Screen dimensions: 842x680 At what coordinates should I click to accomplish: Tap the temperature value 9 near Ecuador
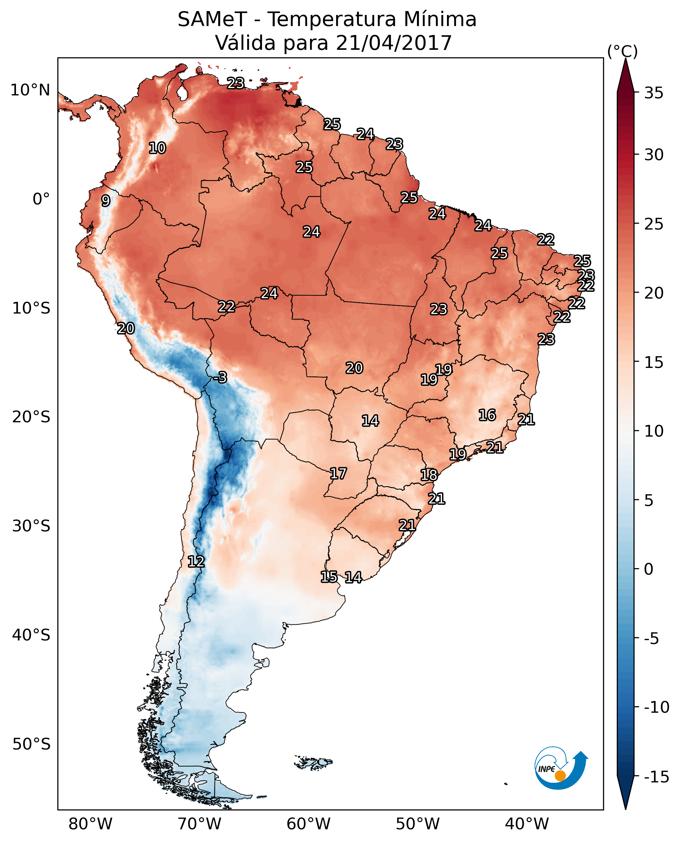106,201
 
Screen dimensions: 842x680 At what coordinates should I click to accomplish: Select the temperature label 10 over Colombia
157,148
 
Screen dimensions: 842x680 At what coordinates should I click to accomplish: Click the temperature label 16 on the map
487,415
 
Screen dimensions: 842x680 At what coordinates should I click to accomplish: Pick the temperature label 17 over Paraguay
338,474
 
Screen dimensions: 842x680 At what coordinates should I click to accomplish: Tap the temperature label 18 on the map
429,475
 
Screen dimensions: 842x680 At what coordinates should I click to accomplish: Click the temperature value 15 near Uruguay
329,577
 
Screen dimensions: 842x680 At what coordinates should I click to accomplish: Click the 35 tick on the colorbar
654,93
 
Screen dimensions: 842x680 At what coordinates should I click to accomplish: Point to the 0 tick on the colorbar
649,569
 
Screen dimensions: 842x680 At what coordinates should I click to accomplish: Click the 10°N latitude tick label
30,91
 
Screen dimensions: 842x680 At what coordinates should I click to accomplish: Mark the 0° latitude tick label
41,199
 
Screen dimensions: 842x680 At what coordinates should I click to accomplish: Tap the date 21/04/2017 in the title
394,43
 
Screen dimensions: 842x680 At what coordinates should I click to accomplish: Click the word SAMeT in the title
212,19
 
